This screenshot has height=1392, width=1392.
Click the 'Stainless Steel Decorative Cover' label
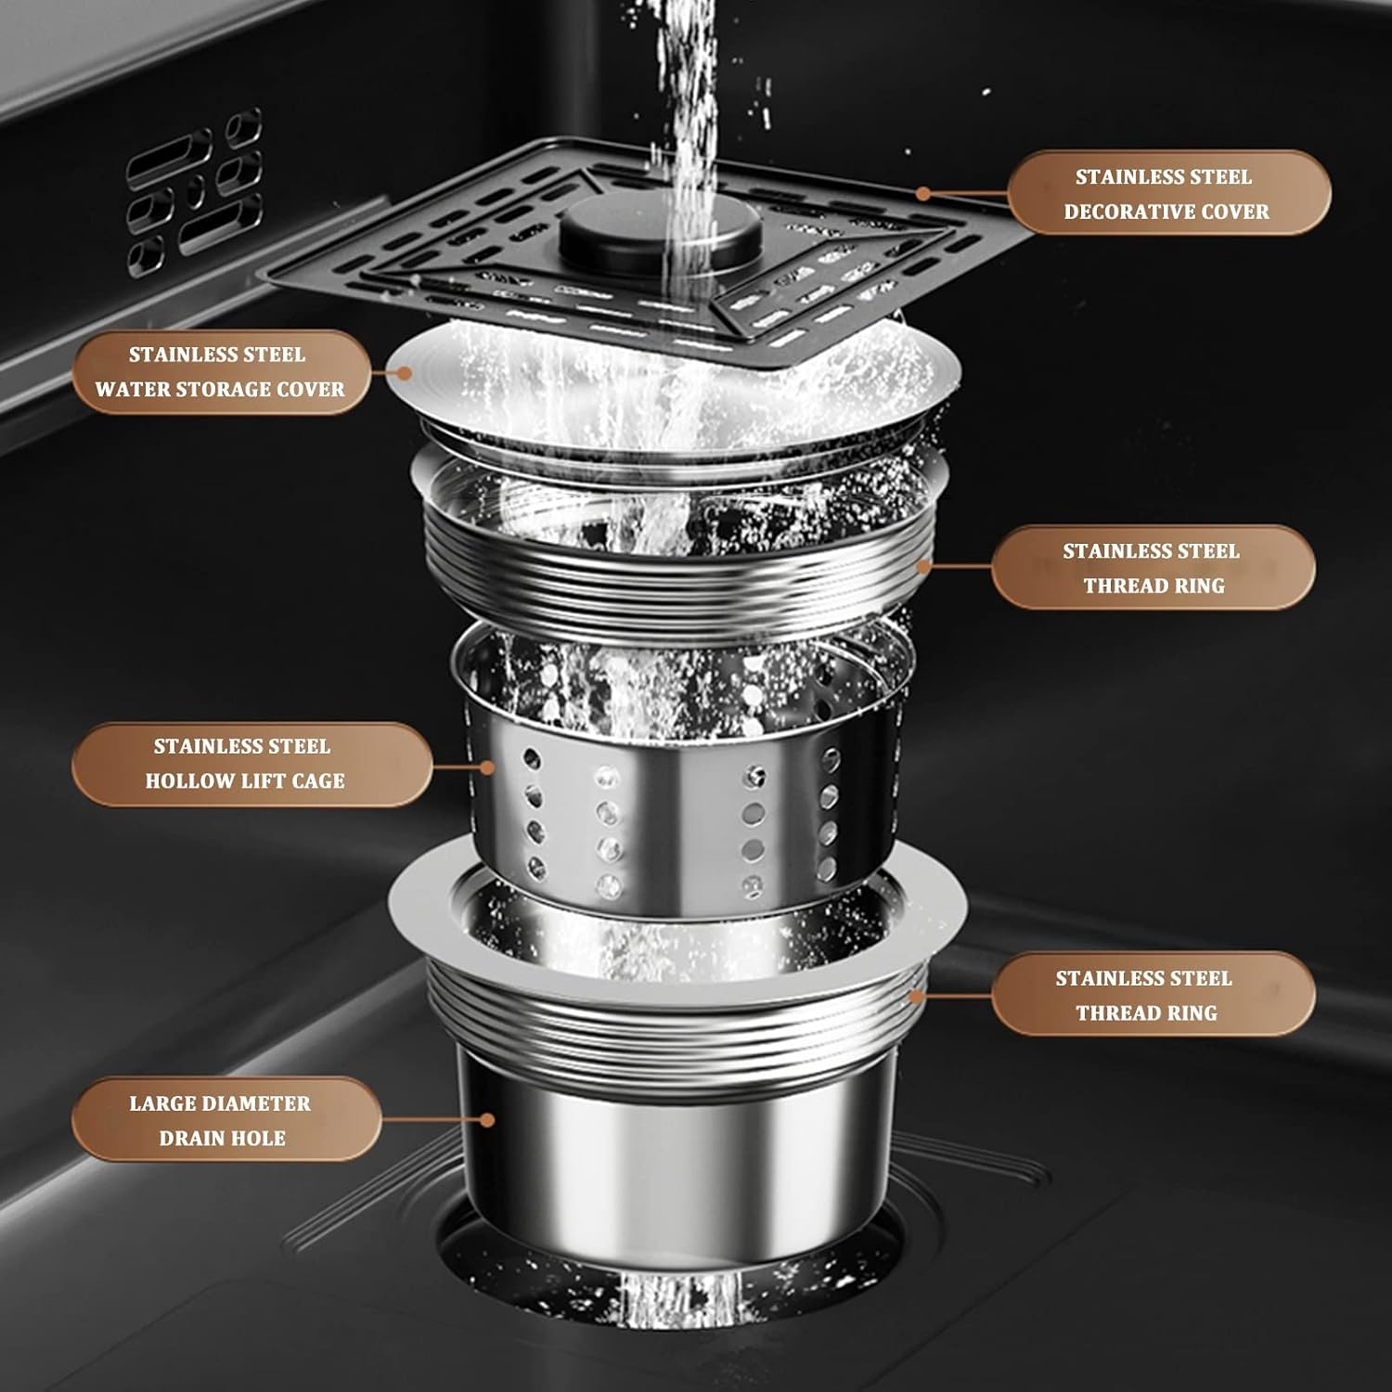(1168, 193)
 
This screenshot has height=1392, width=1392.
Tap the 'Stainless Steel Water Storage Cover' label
(220, 371)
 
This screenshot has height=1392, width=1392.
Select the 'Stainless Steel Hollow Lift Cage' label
(245, 764)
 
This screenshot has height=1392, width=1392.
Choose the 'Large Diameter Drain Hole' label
(223, 1120)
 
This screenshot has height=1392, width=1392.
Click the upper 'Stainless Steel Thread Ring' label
(1153, 567)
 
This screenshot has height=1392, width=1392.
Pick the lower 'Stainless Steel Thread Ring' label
(1153, 995)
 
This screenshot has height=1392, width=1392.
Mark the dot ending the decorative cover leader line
(922, 194)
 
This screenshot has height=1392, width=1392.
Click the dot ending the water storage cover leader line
(404, 372)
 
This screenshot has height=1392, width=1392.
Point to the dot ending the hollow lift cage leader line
(488, 767)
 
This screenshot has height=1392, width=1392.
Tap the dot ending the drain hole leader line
(488, 1120)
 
